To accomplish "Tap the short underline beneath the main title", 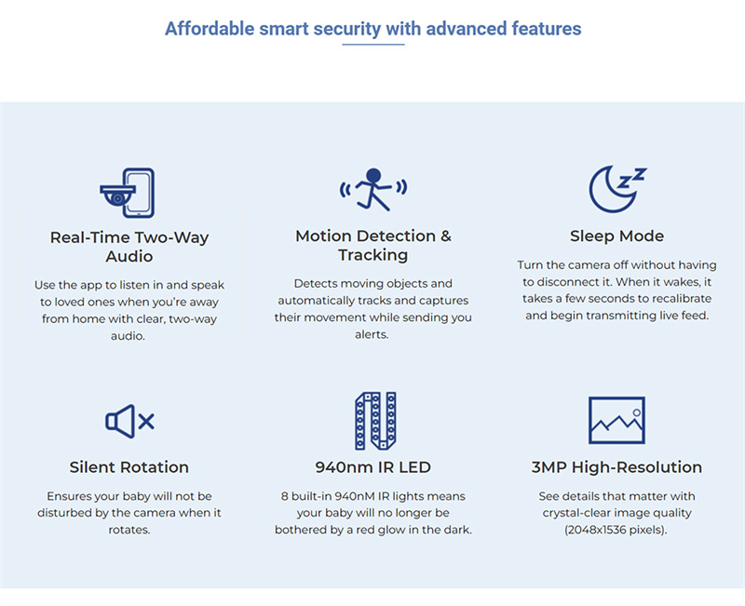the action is pyautogui.click(x=373, y=45).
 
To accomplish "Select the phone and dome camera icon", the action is pyautogui.click(x=128, y=193).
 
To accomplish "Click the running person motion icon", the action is pyautogui.click(x=373, y=190).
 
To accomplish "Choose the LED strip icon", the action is pyautogui.click(x=375, y=421).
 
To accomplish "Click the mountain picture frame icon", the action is pyautogui.click(x=616, y=421).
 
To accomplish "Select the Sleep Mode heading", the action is pyautogui.click(x=616, y=236).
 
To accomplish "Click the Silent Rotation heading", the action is pyautogui.click(x=129, y=467).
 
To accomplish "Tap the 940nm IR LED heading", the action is pyautogui.click(x=373, y=467).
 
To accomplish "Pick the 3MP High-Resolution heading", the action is pyautogui.click(x=616, y=467).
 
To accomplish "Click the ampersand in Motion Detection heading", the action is pyautogui.click(x=446, y=236).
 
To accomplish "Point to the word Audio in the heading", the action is pyautogui.click(x=129, y=257).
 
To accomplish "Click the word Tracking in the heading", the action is pyautogui.click(x=373, y=255).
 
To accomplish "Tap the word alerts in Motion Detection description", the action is pyautogui.click(x=372, y=334).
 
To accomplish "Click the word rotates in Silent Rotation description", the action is pyautogui.click(x=129, y=530).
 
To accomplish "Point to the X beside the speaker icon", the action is pyautogui.click(x=146, y=422).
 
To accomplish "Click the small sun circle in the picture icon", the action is pyautogui.click(x=637, y=412).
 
